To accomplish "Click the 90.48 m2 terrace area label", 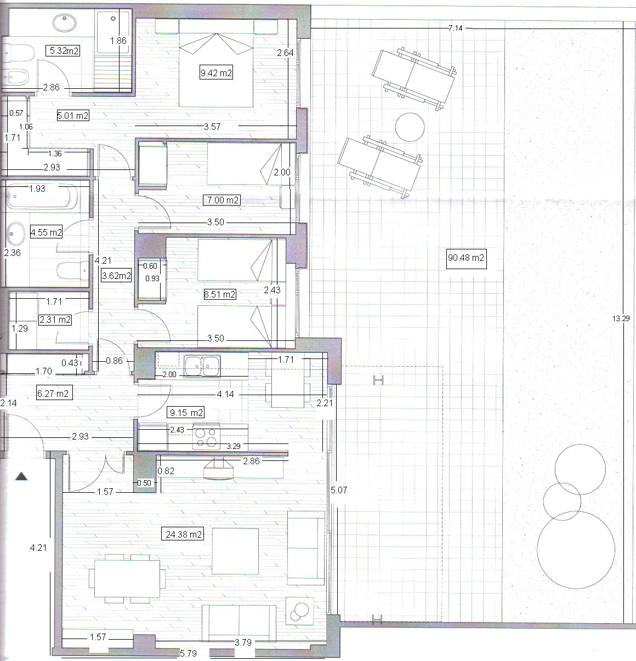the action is click(x=466, y=258).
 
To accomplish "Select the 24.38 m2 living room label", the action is click(x=184, y=534).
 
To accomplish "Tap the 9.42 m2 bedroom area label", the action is click(x=217, y=73).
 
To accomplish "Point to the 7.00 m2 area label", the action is click(x=222, y=200).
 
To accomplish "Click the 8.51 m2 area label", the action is click(x=220, y=294).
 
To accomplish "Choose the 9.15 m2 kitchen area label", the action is click(x=186, y=413).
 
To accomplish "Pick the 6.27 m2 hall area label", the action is click(x=54, y=394).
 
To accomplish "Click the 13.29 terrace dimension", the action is click(x=621, y=318).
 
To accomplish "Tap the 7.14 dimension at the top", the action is click(x=455, y=28).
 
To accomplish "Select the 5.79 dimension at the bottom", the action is click(x=188, y=653).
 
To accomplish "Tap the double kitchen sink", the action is click(x=202, y=366).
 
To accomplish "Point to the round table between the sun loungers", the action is click(x=410, y=127).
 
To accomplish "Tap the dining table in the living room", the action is click(x=127, y=579).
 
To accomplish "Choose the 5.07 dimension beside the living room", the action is click(x=339, y=490).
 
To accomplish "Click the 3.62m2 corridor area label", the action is click(x=117, y=276).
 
